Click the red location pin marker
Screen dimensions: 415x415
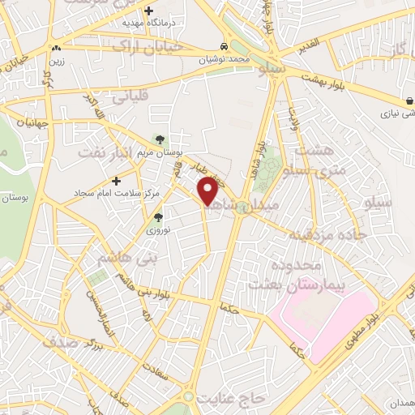(208, 190)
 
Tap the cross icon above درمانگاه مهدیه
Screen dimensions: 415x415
(148, 11)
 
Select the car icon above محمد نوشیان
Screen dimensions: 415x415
(223, 46)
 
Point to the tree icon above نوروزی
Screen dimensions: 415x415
(159, 216)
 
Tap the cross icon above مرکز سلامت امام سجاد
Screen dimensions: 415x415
(117, 180)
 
